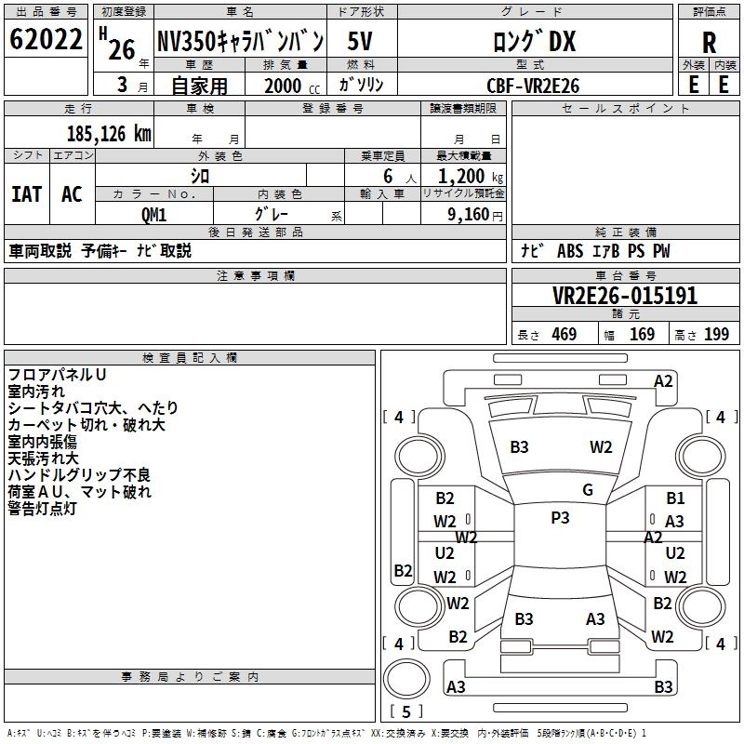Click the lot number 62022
[x=46, y=41]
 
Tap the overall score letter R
[x=709, y=42]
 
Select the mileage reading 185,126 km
[x=109, y=134]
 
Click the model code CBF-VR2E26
[x=533, y=86]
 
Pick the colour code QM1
[x=153, y=214]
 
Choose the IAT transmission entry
[x=26, y=194]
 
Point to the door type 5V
[x=362, y=42]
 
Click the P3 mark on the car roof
[x=560, y=518]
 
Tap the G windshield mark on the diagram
[x=588, y=490]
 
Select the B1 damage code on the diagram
[x=675, y=499]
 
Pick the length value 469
[x=563, y=334]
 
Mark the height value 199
[x=716, y=334]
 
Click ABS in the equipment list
[x=570, y=252]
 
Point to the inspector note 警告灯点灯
[x=55, y=509]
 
